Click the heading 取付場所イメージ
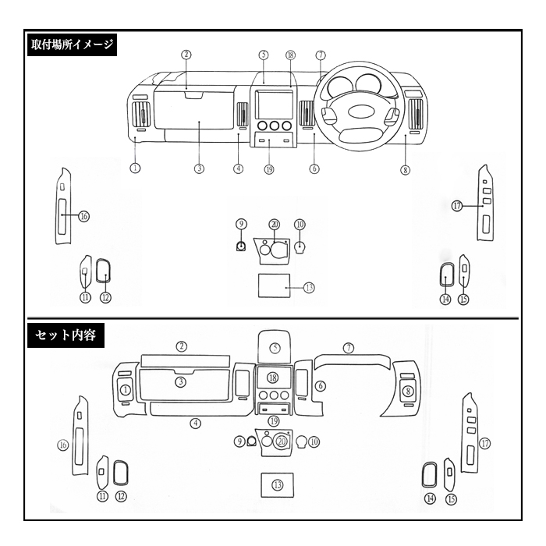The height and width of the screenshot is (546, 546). [72, 44]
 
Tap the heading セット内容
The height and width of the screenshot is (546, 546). [66, 335]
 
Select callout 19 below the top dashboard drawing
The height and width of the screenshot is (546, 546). [269, 169]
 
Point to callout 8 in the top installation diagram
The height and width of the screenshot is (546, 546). [405, 170]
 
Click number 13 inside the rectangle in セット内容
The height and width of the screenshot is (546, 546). [278, 484]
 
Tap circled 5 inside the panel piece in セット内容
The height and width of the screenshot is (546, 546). [275, 348]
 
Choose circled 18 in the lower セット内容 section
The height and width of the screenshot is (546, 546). [273, 378]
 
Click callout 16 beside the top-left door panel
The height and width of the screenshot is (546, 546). [84, 216]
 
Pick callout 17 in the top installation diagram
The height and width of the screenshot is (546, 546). [457, 206]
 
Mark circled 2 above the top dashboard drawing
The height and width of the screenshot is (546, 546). [186, 55]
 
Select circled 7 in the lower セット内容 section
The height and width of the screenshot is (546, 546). [349, 348]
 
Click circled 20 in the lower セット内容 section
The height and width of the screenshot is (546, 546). [282, 441]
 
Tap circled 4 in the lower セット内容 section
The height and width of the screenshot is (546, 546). [195, 424]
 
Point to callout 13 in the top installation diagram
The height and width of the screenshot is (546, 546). [309, 288]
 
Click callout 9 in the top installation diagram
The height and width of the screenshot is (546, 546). [241, 224]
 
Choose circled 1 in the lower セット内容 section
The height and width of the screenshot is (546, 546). [126, 389]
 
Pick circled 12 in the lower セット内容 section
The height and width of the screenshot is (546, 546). [121, 496]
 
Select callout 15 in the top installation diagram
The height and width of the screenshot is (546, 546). [464, 299]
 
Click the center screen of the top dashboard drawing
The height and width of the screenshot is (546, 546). [275, 104]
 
